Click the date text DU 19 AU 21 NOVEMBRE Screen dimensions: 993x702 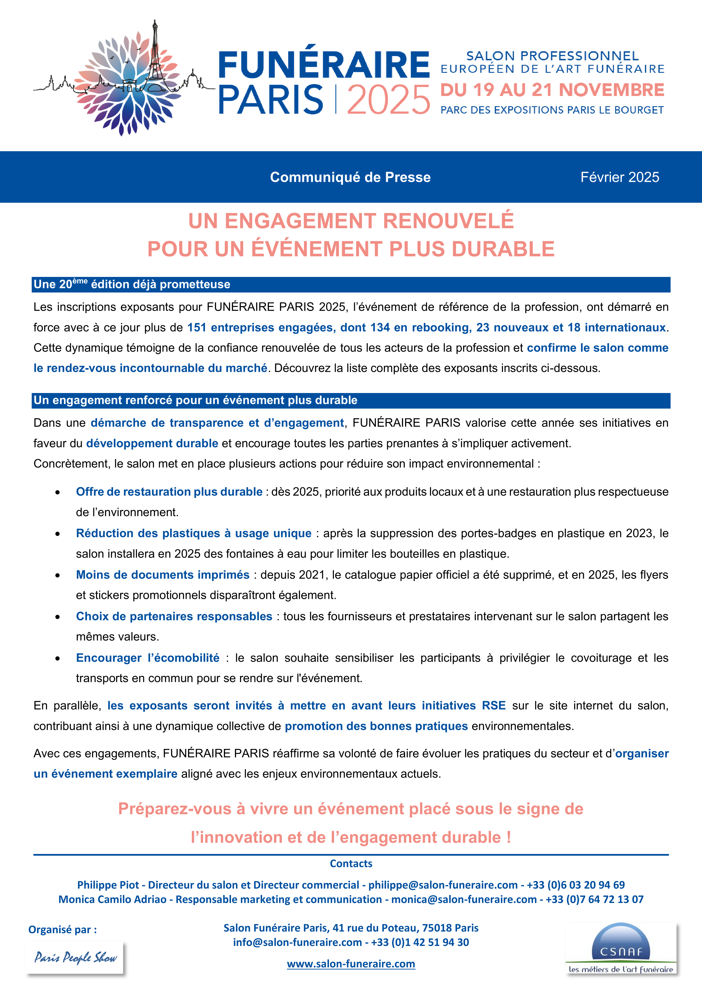(x=552, y=90)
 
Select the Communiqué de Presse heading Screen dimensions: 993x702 (x=350, y=177)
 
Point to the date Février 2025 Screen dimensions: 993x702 (x=619, y=177)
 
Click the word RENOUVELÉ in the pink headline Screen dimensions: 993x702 (x=448, y=221)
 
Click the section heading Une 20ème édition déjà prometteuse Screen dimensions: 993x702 (x=132, y=284)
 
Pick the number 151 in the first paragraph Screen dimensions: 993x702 (x=197, y=327)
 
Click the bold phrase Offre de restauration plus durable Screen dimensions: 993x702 (x=169, y=492)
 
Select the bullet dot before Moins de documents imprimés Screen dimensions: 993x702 (x=57, y=575)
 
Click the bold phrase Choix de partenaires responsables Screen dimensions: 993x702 (x=174, y=616)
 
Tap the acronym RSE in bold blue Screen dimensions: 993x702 (x=494, y=705)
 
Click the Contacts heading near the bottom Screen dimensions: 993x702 (x=351, y=863)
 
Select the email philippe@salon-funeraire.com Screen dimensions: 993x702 (x=443, y=885)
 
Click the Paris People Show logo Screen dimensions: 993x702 (x=75, y=958)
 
